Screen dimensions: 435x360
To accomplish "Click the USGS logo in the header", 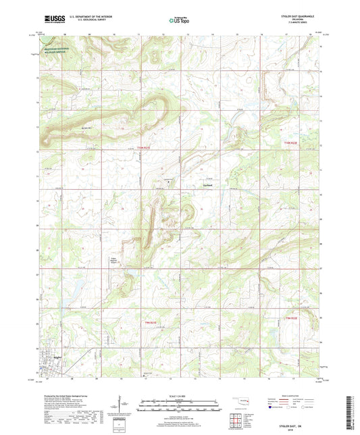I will pos(51,18).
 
